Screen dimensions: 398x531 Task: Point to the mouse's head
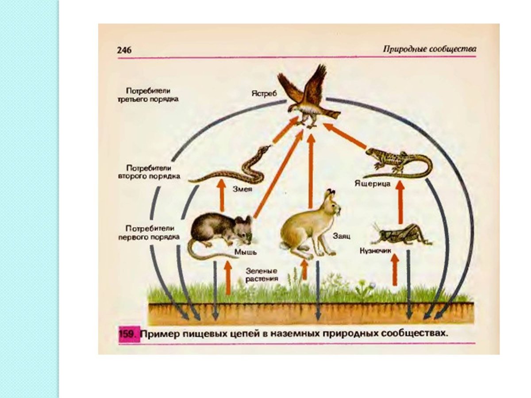tap(242, 228)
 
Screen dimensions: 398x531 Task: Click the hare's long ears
tap(330, 194)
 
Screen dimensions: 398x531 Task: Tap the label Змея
tap(242, 188)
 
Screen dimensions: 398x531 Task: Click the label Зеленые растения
tap(263, 275)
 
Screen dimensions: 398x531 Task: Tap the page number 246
tap(124, 50)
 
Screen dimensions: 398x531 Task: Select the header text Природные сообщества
tap(429, 49)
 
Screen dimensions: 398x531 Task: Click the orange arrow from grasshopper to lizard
tap(400, 203)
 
